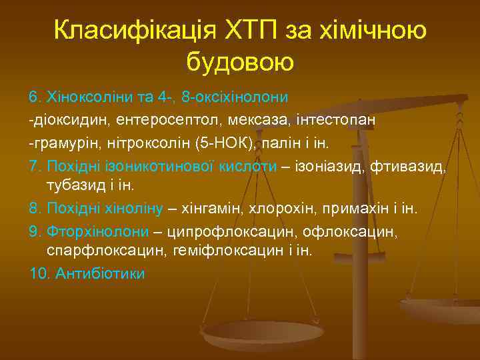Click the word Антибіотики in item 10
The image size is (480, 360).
tap(101, 273)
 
